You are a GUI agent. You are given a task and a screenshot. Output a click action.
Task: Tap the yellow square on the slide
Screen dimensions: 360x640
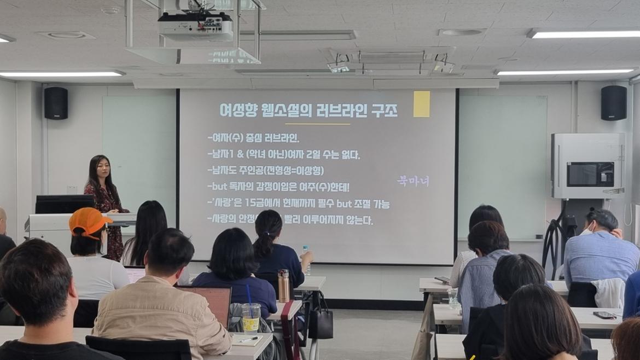pyautogui.click(x=421, y=104)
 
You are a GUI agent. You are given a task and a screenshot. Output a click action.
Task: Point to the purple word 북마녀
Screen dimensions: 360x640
pyautogui.click(x=413, y=181)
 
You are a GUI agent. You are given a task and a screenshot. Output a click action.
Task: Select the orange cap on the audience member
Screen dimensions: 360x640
pyautogui.click(x=88, y=221)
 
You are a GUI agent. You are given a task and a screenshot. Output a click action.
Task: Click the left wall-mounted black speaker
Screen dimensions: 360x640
pyautogui.click(x=56, y=103)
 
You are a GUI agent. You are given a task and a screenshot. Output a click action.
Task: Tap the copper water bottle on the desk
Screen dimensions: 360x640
pyautogui.click(x=283, y=286)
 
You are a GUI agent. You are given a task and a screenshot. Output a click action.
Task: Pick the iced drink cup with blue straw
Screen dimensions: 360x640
pyautogui.click(x=251, y=317)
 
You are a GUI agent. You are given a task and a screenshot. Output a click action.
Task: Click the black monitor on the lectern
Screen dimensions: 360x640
pyautogui.click(x=65, y=204)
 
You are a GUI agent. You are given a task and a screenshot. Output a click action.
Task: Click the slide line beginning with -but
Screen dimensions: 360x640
pyautogui.click(x=282, y=187)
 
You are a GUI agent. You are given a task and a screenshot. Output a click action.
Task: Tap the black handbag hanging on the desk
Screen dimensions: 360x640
pyautogui.click(x=321, y=323)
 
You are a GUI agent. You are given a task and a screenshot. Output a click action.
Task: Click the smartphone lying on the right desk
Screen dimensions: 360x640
pyautogui.click(x=604, y=315)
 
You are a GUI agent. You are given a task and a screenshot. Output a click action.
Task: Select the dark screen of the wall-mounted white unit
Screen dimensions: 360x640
pyautogui.click(x=589, y=174)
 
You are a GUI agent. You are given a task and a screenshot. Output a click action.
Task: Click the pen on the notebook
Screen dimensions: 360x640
pyautogui.click(x=249, y=339)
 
